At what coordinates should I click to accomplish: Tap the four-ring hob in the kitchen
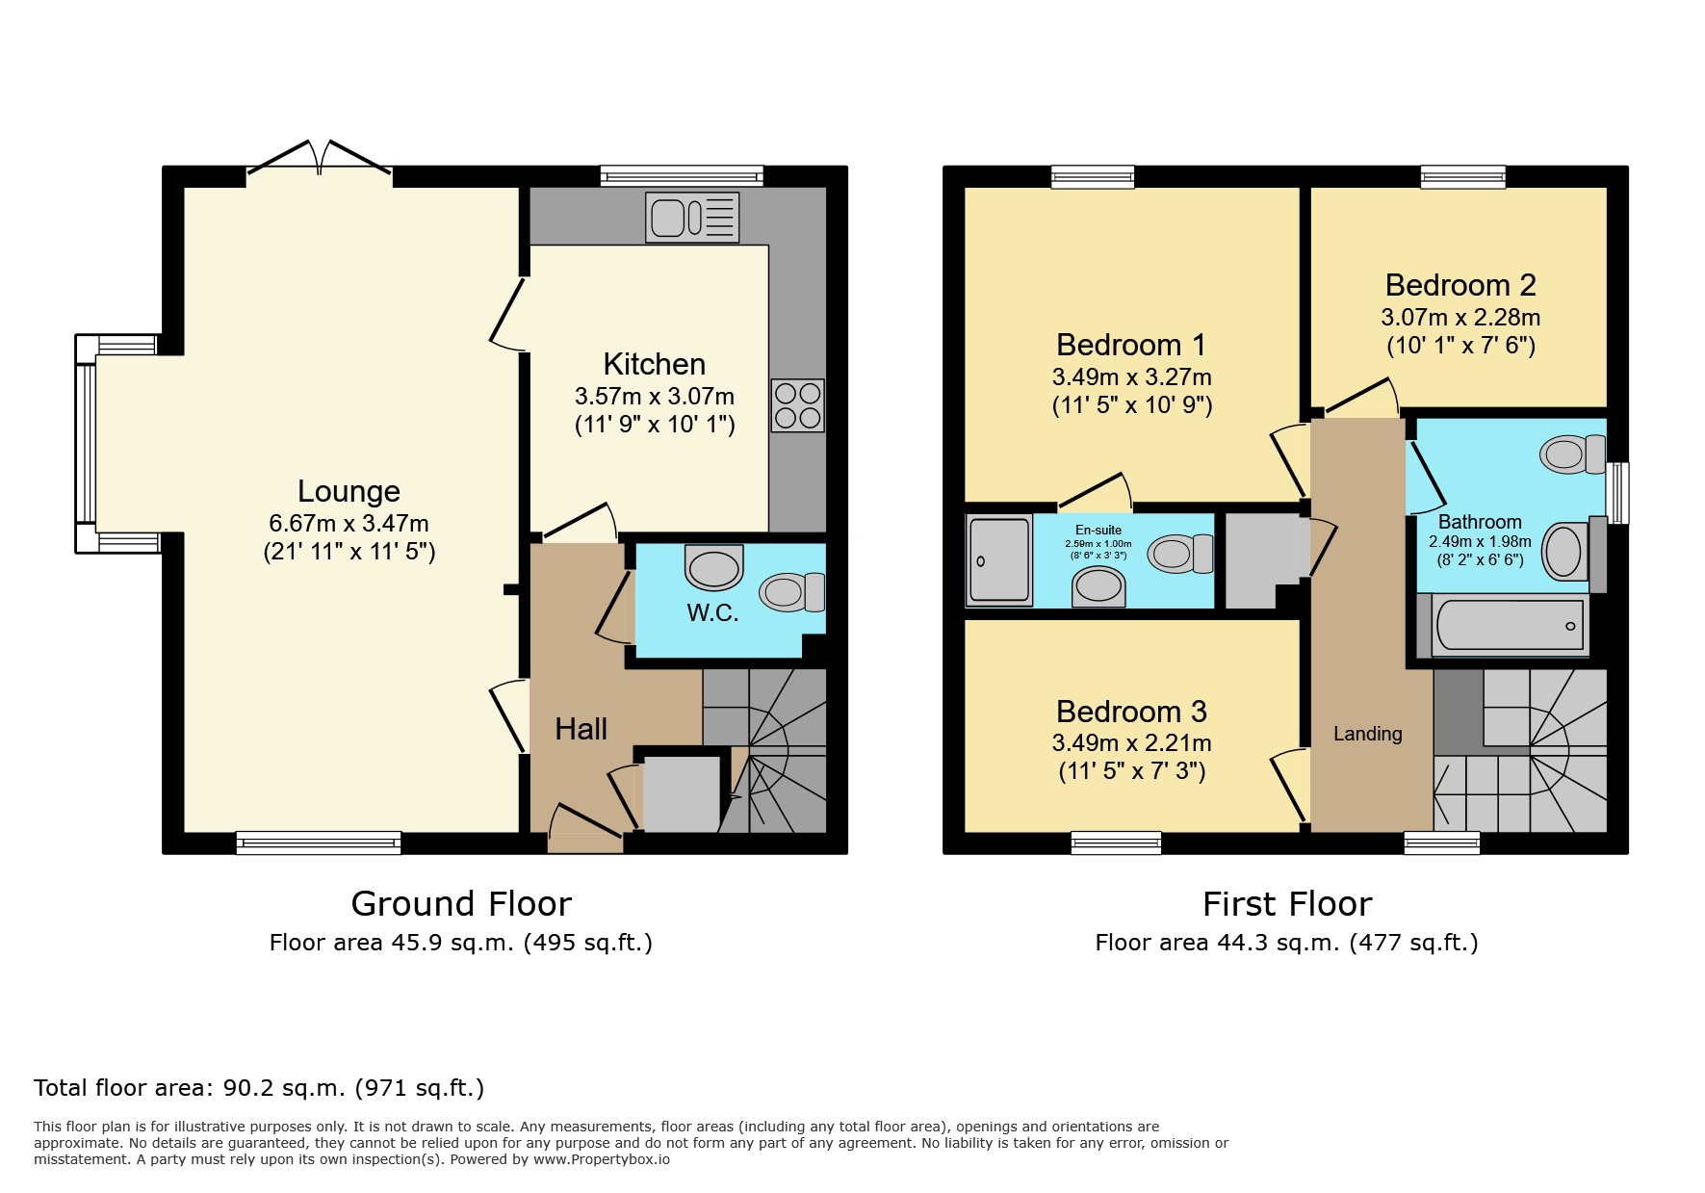coord(797,405)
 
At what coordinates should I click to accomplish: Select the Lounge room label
coord(349,491)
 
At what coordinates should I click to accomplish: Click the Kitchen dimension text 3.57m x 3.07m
coord(655,396)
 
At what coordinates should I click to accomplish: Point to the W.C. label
coord(712,613)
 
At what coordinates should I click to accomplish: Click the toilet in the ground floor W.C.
coord(792,592)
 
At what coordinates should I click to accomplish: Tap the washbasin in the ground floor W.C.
coord(714,567)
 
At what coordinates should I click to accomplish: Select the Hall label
coord(581,729)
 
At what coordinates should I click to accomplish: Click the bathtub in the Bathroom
coord(1508,627)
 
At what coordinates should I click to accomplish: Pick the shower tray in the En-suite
coord(999,559)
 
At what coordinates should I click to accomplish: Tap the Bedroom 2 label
coord(1460,285)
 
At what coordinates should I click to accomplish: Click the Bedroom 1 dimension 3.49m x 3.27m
coord(1131,376)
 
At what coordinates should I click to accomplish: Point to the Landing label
coord(1367,734)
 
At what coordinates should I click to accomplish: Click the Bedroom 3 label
coord(1131,712)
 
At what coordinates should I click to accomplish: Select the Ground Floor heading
coord(461,903)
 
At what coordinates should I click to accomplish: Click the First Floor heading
coord(1286,903)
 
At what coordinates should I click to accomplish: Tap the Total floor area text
coord(259,1088)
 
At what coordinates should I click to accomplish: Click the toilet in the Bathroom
coord(1572,454)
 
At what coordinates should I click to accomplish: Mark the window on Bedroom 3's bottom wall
coord(1116,843)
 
